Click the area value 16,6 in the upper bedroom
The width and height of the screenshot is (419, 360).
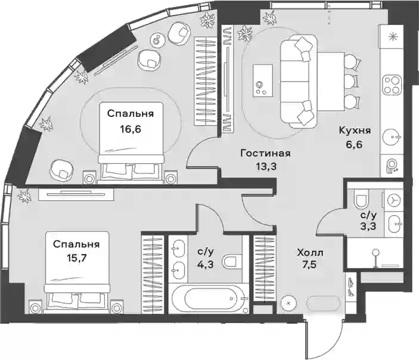(131, 129)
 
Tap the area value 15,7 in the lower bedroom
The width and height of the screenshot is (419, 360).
(76, 259)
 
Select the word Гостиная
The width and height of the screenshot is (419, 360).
(265, 153)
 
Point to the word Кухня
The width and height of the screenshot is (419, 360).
(355, 131)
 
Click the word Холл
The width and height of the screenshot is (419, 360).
(310, 253)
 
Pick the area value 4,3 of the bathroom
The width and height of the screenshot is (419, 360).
(206, 265)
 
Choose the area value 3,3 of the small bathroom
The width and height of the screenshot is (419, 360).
(368, 226)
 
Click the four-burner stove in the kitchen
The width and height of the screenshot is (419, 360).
(392, 85)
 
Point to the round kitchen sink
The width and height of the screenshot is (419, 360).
(392, 137)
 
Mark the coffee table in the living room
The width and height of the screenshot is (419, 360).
(263, 80)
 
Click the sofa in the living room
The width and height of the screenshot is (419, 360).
(299, 81)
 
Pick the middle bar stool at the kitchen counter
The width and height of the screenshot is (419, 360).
(352, 81)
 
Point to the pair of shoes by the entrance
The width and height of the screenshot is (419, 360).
(351, 286)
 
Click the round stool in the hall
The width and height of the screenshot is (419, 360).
(288, 303)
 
